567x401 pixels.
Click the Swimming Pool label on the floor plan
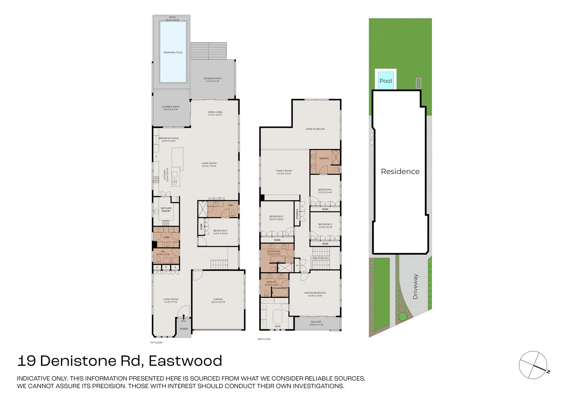(x=173, y=52)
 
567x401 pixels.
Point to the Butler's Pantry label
(x=166, y=209)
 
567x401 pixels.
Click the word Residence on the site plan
(x=400, y=172)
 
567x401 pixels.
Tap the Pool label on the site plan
(x=385, y=81)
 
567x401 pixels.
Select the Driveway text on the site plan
(x=415, y=287)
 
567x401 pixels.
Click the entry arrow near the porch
(x=184, y=316)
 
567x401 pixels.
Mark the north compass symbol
(x=533, y=365)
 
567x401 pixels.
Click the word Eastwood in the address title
(x=185, y=361)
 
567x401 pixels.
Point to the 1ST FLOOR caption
(x=156, y=342)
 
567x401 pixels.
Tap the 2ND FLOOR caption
(x=264, y=339)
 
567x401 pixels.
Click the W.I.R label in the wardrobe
(x=278, y=326)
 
